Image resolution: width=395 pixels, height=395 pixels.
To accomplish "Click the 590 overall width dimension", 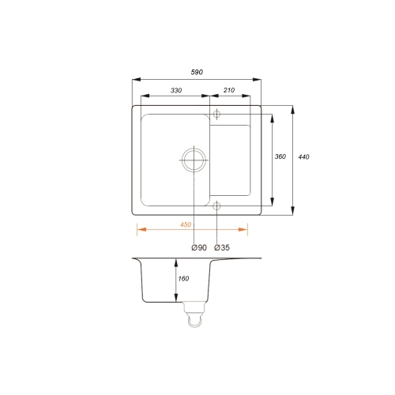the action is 197,72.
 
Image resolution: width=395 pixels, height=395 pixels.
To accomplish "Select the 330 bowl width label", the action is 176,90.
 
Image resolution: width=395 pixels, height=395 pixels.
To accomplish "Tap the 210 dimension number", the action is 229,90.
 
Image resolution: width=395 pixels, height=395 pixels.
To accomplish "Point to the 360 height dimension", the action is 280,156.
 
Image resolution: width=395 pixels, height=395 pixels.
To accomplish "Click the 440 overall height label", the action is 303,157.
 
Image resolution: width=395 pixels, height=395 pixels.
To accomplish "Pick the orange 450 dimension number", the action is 186,224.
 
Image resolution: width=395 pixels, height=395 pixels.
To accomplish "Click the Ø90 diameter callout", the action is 199,247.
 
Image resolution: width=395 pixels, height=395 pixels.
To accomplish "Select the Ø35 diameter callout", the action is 222,247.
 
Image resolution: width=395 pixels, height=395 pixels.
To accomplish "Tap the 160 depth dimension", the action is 183,279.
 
